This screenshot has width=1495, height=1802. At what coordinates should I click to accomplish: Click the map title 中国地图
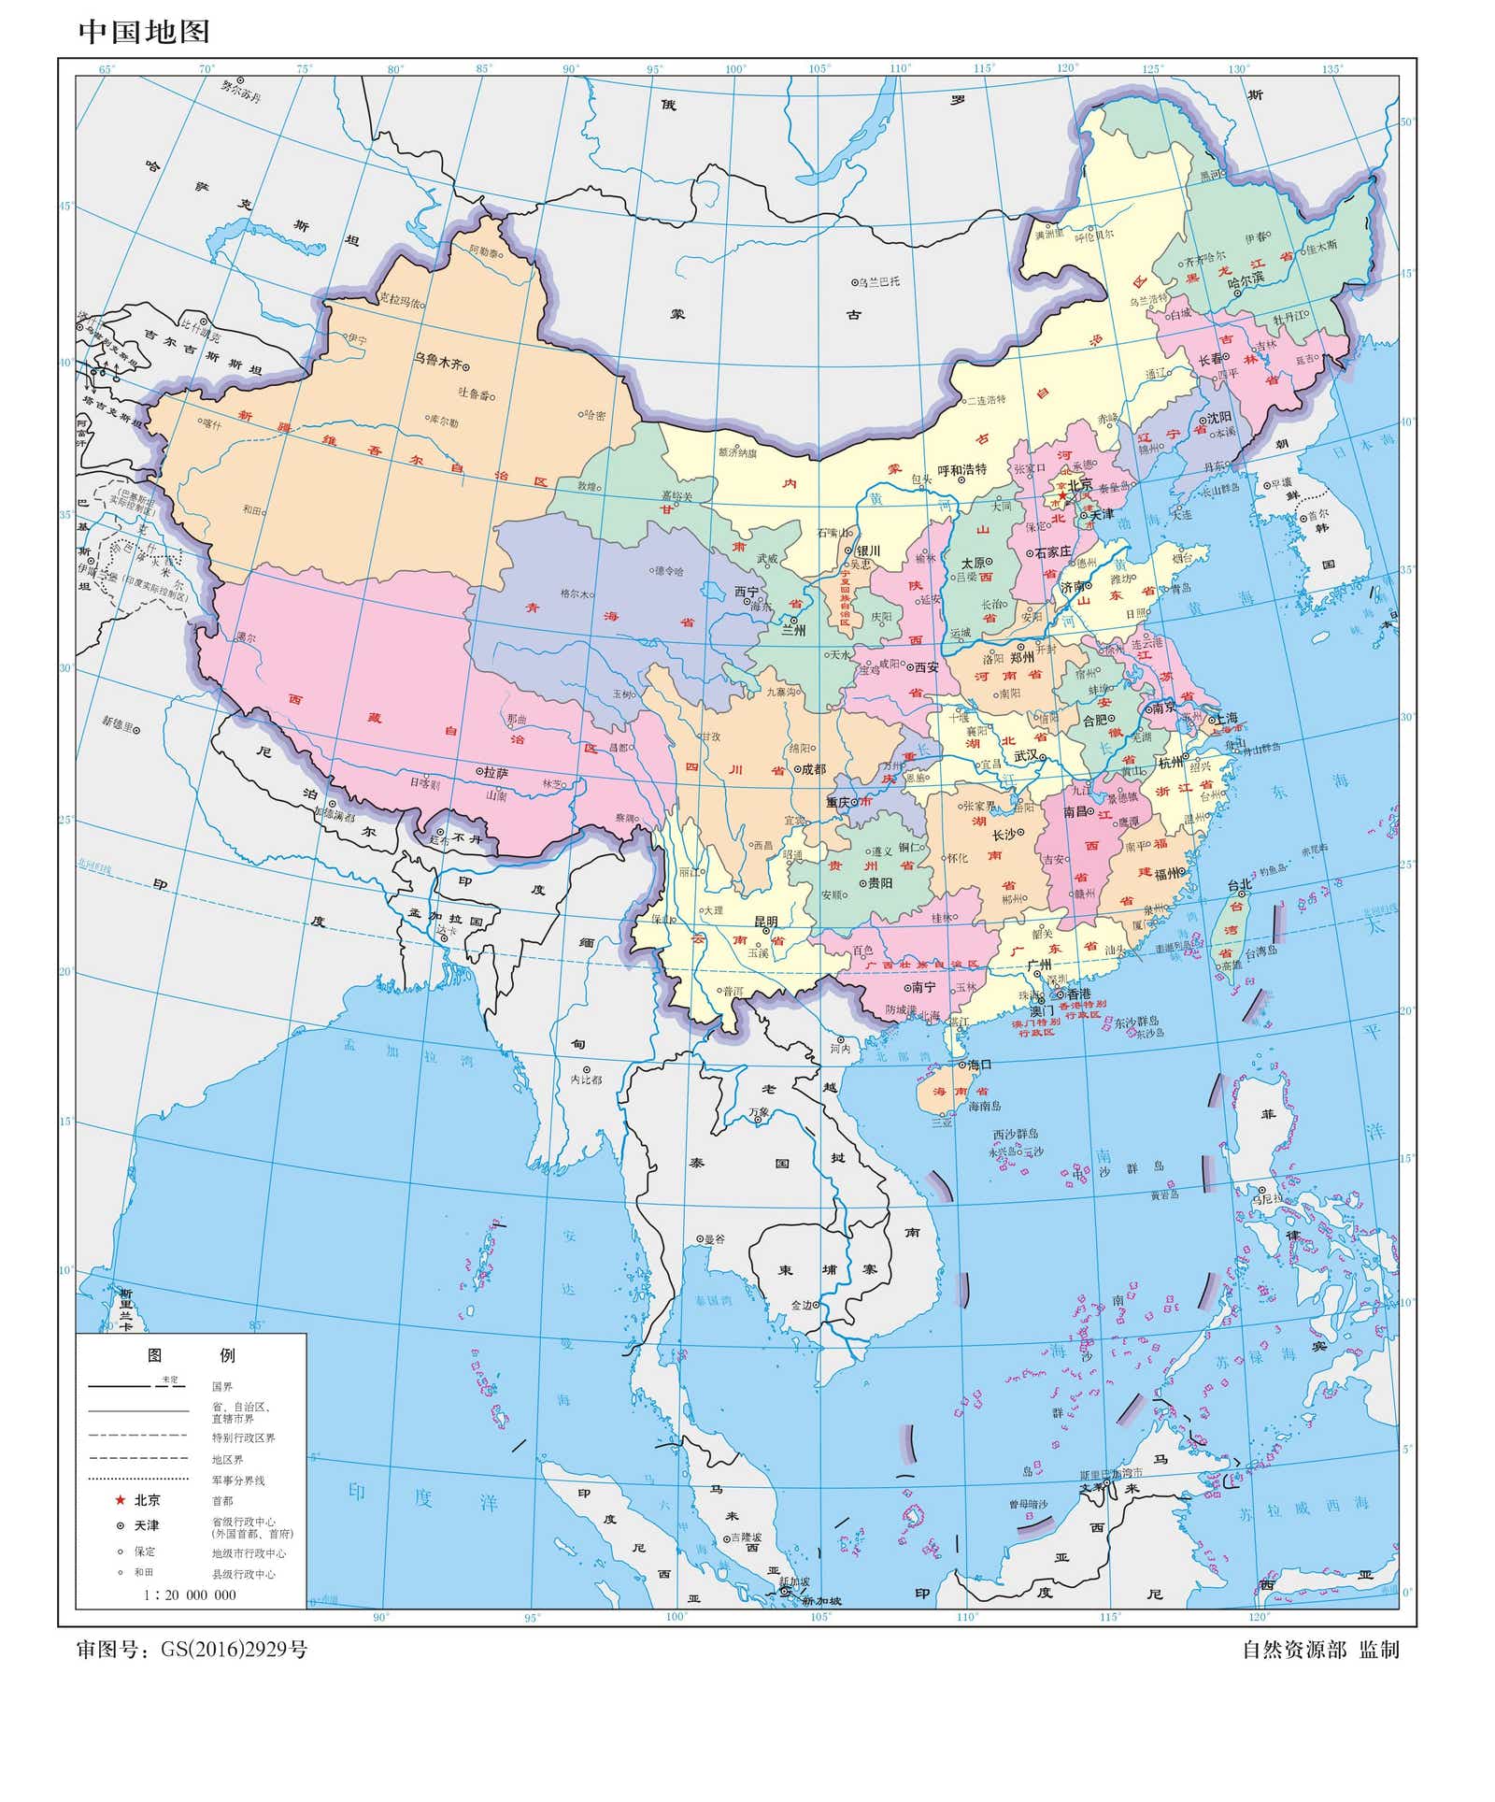(x=144, y=31)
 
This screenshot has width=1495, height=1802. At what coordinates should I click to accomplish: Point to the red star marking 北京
(x=1061, y=494)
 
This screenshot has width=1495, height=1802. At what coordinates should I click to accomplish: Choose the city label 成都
(x=814, y=768)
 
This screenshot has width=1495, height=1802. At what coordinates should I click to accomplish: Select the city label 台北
(x=1239, y=884)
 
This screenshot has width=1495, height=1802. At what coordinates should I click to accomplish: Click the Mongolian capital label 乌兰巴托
(x=880, y=280)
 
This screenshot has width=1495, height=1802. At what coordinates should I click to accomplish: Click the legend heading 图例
(x=192, y=1354)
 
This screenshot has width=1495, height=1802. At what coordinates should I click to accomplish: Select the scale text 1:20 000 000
(x=190, y=1595)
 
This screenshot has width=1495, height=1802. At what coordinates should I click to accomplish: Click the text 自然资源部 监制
(x=1320, y=1650)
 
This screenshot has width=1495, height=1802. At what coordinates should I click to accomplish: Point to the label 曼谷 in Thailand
(x=714, y=1238)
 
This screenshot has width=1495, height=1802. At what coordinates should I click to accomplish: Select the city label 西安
(x=925, y=666)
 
